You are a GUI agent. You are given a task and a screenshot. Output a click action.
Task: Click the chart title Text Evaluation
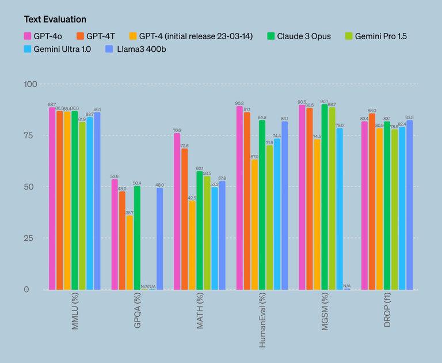point(55,20)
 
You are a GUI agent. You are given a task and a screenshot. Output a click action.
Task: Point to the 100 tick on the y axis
point(31,85)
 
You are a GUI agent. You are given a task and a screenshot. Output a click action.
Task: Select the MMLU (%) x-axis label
point(75,314)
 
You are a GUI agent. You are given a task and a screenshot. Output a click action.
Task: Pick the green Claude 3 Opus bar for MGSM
point(325,196)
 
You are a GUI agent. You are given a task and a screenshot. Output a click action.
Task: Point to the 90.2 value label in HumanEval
point(239,103)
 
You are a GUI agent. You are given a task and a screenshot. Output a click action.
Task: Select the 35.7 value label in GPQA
point(129,213)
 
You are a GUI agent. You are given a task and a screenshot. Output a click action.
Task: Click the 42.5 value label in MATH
point(192,198)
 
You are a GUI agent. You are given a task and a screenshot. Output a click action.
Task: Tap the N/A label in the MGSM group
point(347,286)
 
